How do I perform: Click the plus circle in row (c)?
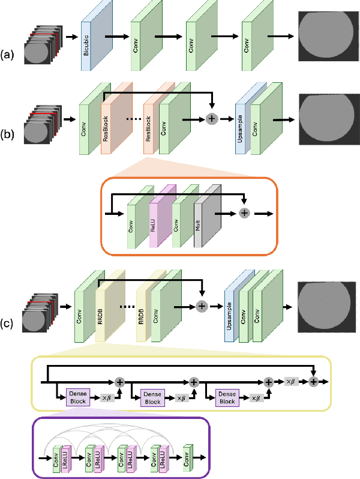click(x=202, y=306)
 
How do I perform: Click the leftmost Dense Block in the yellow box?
click(x=78, y=397)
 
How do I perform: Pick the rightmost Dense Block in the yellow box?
click(x=227, y=397)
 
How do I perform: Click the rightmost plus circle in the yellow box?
click(x=313, y=382)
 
